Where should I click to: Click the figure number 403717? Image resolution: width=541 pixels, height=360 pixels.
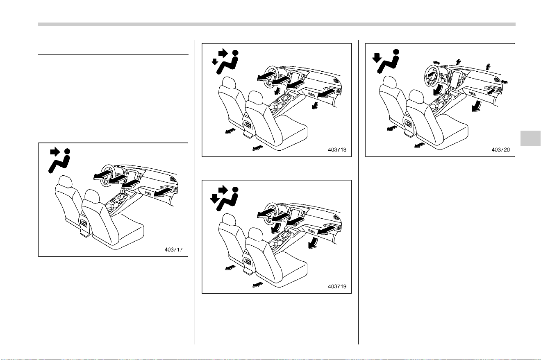tap(173, 249)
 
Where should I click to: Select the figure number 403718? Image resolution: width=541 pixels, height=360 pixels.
tap(337, 149)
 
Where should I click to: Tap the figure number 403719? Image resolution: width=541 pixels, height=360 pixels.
tap(337, 286)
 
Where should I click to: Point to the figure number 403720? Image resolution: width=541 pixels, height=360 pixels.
tap(500, 149)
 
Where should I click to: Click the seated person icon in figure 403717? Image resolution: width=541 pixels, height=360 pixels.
tap(60, 161)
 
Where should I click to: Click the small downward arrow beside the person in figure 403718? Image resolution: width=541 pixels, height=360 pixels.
tap(214, 62)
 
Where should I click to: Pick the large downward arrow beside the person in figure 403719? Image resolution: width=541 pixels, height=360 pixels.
tap(214, 199)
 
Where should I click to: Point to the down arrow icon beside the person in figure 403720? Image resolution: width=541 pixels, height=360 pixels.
tap(377, 58)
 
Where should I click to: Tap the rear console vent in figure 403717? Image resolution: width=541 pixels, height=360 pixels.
tap(84, 223)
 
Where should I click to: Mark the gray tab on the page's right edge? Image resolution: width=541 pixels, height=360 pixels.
tap(530, 138)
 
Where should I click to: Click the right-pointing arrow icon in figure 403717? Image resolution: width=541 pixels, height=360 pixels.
tap(55, 152)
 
